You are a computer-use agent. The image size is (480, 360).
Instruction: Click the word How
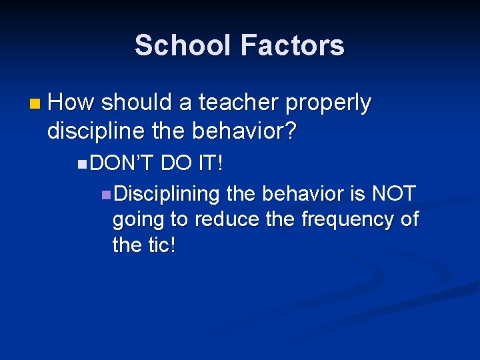(71, 103)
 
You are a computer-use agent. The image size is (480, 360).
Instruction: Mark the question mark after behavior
(291, 131)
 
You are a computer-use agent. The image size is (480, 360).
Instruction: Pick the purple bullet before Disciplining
(106, 195)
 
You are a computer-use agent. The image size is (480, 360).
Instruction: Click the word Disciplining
(167, 194)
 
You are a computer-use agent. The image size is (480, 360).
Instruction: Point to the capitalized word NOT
(393, 194)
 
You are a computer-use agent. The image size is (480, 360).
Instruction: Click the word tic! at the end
(160, 245)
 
